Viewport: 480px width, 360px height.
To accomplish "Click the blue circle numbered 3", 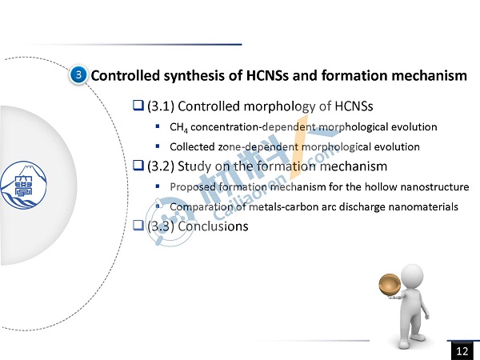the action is pyautogui.click(x=78, y=75).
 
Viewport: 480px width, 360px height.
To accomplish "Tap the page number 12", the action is pyautogui.click(x=462, y=351).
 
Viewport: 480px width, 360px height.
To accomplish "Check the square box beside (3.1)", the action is pyautogui.click(x=138, y=106).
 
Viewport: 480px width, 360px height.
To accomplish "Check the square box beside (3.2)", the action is pyautogui.click(x=138, y=166).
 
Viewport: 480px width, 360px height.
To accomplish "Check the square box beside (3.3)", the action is pyautogui.click(x=138, y=226).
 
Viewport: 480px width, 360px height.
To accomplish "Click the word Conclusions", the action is pyautogui.click(x=213, y=226).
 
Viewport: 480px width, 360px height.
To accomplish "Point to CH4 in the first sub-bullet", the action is pyautogui.click(x=178, y=127).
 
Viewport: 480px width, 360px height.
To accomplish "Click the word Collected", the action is pyautogui.click(x=192, y=147).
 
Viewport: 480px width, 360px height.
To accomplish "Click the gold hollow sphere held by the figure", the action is pyautogui.click(x=390, y=285).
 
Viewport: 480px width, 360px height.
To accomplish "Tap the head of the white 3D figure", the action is pyautogui.click(x=412, y=277).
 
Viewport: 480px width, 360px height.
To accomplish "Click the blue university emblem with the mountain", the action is pyautogui.click(x=23, y=186).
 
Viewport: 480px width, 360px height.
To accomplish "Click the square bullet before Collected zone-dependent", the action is pyautogui.click(x=158, y=146).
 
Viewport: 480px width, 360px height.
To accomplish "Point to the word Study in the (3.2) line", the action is pyautogui.click(x=193, y=166).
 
